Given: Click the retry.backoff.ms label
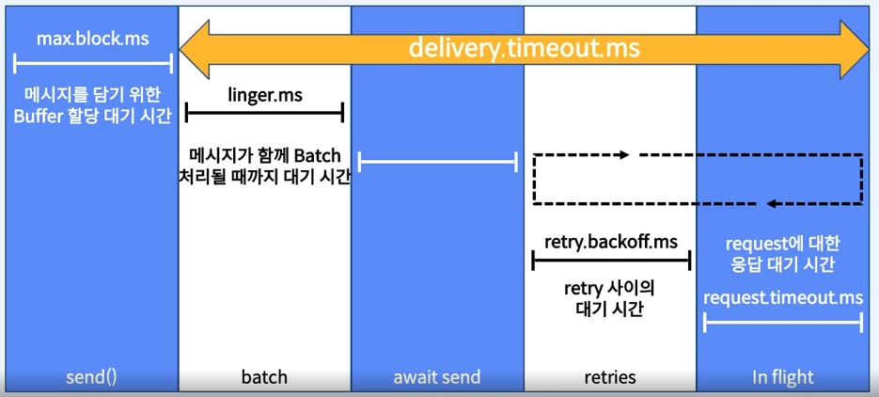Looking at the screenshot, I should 611,242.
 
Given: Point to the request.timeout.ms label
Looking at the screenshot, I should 783,297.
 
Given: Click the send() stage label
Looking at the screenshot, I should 91,377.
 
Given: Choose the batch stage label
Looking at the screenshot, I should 264,377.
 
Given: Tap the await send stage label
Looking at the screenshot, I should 437,377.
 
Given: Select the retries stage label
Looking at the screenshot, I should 610,377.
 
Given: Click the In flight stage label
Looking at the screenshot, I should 783,377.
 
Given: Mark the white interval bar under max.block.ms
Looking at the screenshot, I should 93,64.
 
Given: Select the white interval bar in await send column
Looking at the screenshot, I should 437,162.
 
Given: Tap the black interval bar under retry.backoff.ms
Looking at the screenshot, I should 611,262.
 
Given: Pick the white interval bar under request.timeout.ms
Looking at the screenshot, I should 783,323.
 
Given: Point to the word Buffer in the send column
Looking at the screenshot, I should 53,117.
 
